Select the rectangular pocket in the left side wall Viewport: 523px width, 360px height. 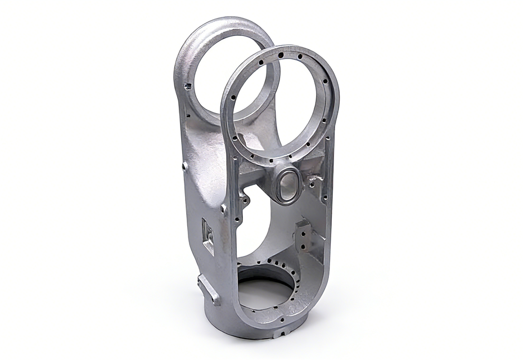[x=209, y=233]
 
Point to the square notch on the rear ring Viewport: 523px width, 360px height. [x=188, y=86]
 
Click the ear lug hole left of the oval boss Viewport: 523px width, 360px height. [x=244, y=197]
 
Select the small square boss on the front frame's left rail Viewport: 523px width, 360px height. [x=224, y=209]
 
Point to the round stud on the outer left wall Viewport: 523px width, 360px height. [x=184, y=166]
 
